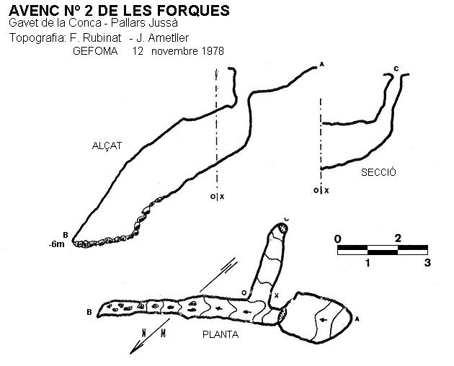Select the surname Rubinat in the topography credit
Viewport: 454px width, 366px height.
102,38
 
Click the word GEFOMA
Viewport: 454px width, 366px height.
95,51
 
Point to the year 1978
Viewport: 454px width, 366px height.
213,51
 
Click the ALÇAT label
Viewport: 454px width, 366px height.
107,146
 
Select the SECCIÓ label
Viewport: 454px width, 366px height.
378,172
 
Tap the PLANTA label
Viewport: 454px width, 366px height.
221,335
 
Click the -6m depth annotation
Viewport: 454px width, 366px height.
57,244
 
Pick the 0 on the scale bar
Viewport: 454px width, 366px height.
337,239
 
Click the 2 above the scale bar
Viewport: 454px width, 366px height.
398,238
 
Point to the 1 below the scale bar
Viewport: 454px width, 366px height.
368,263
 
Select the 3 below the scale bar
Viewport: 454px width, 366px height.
427,263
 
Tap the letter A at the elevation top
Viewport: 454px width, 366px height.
321,65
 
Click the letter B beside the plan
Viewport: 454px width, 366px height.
89,313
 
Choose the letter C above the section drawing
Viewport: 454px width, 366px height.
396,69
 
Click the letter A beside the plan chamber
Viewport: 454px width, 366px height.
357,319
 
